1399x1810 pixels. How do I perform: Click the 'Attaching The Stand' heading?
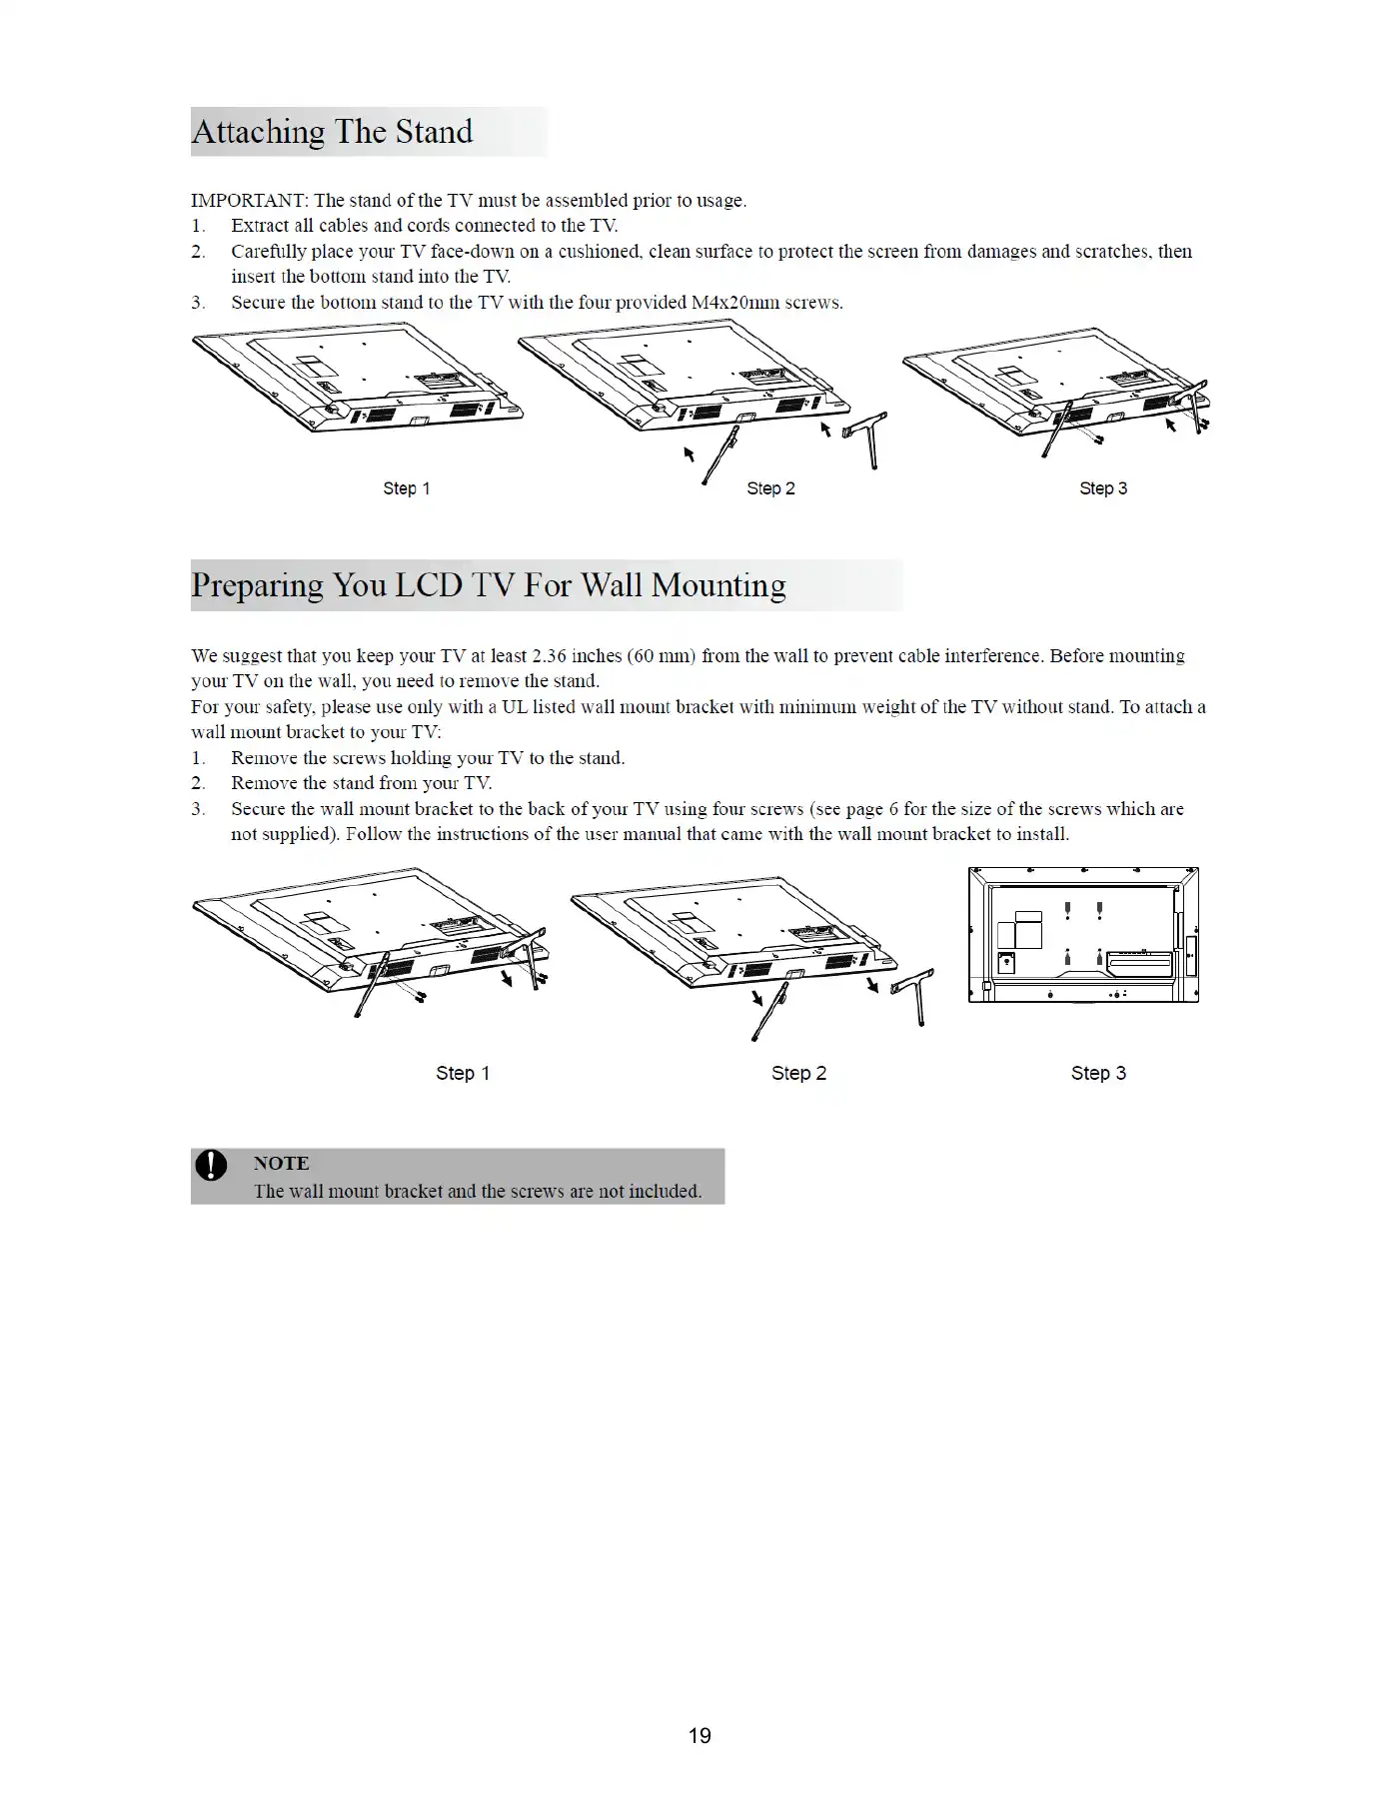[x=332, y=132]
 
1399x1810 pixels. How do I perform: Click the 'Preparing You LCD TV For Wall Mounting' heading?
[x=488, y=585]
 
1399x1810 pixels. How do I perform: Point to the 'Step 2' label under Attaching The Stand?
[x=770, y=488]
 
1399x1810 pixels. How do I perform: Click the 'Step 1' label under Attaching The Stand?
[x=406, y=488]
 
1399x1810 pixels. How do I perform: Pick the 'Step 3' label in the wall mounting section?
[x=1098, y=1073]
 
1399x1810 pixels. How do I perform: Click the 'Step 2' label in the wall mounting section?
[x=798, y=1073]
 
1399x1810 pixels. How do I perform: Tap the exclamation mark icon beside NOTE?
[x=211, y=1165]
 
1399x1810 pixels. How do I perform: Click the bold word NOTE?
[x=281, y=1163]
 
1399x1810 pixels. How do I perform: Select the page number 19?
[x=699, y=1736]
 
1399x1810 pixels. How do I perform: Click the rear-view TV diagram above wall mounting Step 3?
[x=1083, y=935]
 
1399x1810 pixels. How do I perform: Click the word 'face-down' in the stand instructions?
[x=472, y=252]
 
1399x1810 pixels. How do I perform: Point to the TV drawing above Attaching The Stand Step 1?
[x=358, y=382]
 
